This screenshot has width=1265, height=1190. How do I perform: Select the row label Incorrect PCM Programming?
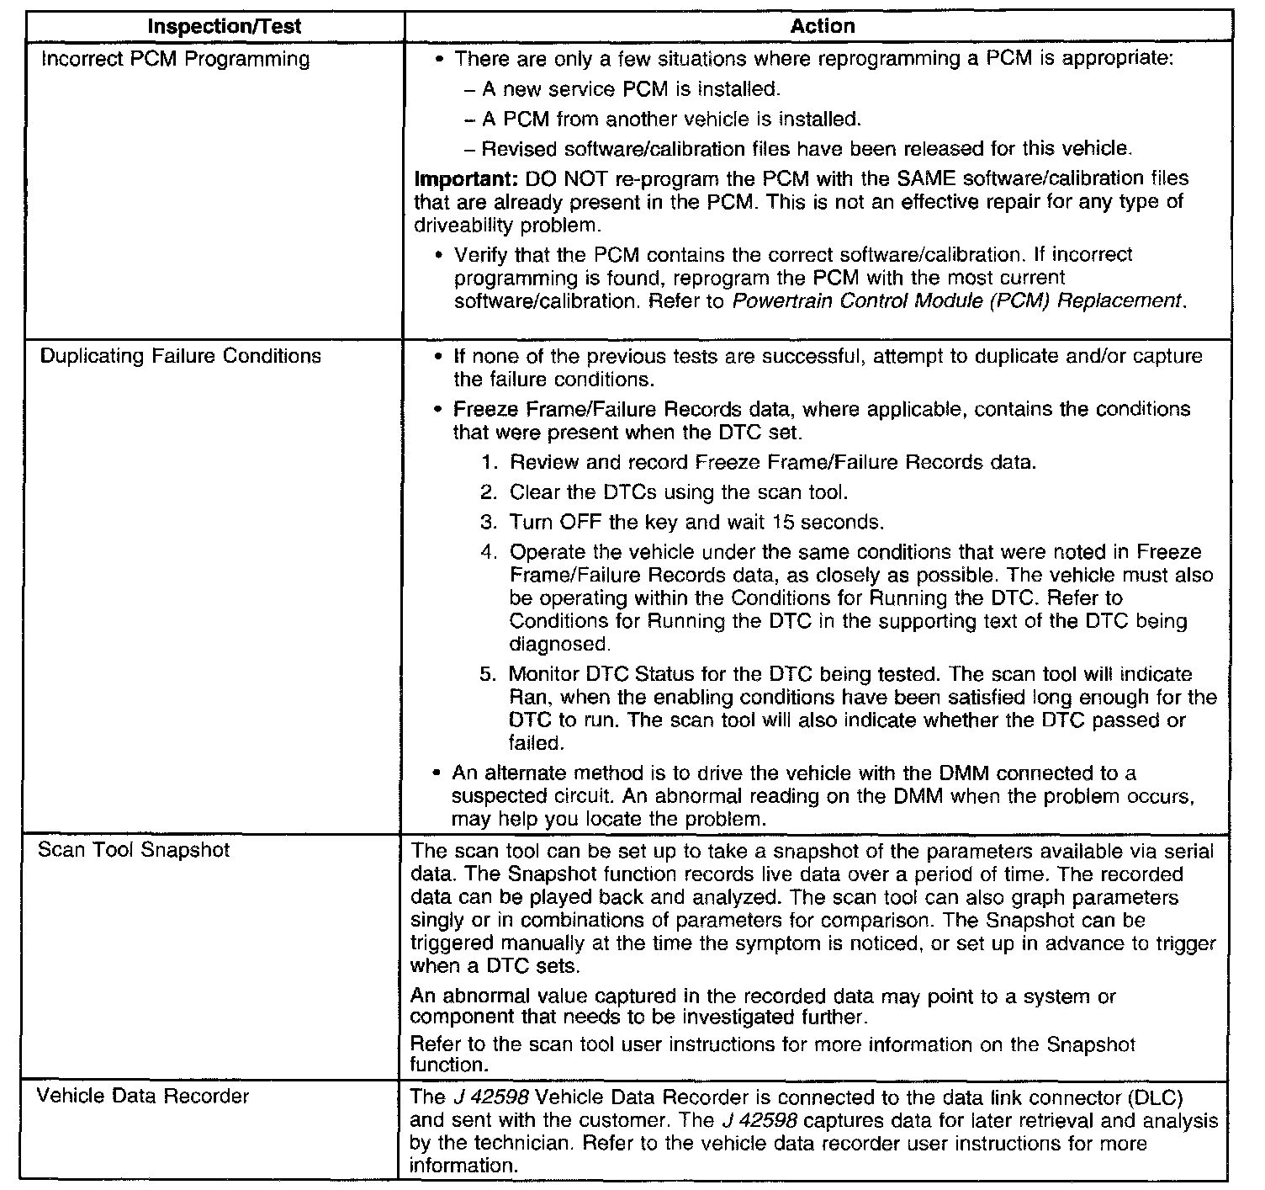click(x=175, y=59)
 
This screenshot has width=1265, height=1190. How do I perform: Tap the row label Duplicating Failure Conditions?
click(x=181, y=356)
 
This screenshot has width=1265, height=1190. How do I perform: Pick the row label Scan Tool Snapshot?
click(x=134, y=849)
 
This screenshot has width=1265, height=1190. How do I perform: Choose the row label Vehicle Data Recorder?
click(x=144, y=1097)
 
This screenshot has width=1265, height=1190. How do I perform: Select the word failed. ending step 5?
click(x=536, y=743)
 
